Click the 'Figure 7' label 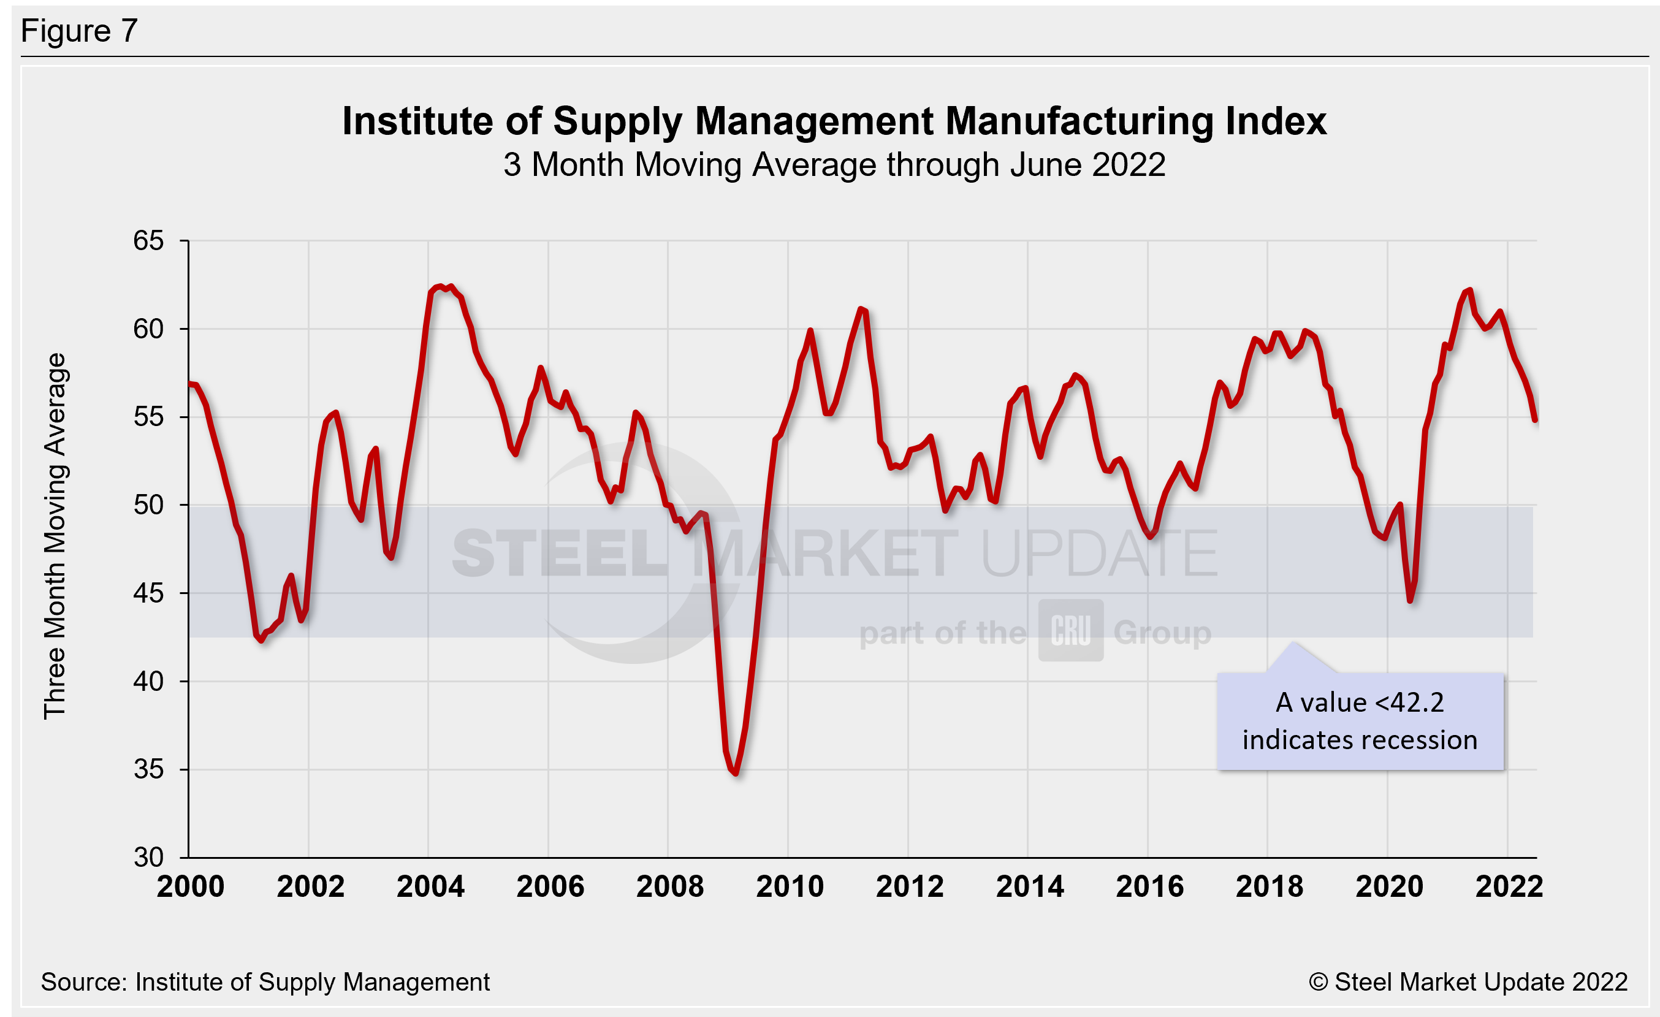click(x=79, y=31)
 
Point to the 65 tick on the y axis click(x=148, y=240)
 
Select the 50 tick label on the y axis click(x=148, y=505)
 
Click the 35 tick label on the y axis click(x=148, y=769)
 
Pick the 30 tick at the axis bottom click(x=148, y=858)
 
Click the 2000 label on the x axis click(x=190, y=887)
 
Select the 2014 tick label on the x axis click(x=1029, y=887)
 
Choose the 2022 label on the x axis click(x=1509, y=887)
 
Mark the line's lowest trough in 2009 click(x=736, y=773)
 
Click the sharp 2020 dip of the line click(x=1410, y=600)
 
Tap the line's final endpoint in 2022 click(x=1536, y=419)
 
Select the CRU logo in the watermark click(x=1070, y=630)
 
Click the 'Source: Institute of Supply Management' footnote click(x=265, y=982)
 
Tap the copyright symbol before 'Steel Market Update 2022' click(x=1318, y=982)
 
